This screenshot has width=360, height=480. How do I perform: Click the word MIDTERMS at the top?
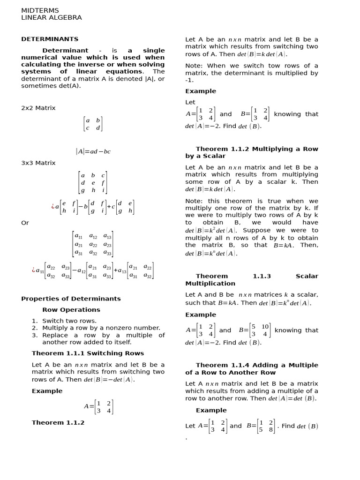point(38,10)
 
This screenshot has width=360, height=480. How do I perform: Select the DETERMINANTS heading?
point(50,39)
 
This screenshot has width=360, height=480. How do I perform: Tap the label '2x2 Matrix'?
point(38,108)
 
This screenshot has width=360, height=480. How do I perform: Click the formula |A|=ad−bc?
point(93,151)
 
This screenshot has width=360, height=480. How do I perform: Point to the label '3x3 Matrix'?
point(38,163)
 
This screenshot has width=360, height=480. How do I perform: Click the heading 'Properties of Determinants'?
point(71,299)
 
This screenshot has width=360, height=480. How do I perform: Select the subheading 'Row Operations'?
point(71,310)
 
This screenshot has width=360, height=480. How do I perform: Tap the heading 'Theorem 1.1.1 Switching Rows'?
point(88,353)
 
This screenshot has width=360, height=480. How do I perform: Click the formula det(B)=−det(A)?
point(109,380)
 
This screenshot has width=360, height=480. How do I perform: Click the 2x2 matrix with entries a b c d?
point(92,124)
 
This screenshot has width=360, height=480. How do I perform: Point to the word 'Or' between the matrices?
point(25,223)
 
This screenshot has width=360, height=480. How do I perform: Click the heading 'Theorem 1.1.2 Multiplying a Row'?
point(257,149)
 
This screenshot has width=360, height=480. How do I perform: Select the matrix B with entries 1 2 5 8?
point(265,426)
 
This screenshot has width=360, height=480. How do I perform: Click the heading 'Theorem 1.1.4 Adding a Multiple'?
point(257,365)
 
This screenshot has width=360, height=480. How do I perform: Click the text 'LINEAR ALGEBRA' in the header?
point(52,18)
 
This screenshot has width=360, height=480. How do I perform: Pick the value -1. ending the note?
point(190,80)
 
